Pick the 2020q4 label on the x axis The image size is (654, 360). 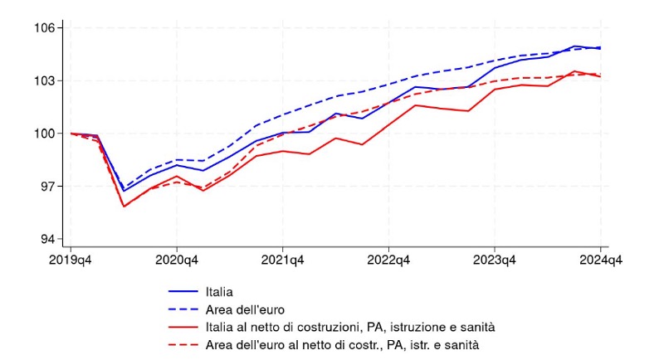point(177,260)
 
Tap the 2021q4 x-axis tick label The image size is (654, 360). point(283,260)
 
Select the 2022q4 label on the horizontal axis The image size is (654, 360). point(389,260)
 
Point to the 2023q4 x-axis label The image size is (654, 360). point(495,260)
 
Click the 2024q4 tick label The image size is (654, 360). point(601,260)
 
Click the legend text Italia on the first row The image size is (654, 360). point(218,292)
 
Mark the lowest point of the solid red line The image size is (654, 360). point(124,206)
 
